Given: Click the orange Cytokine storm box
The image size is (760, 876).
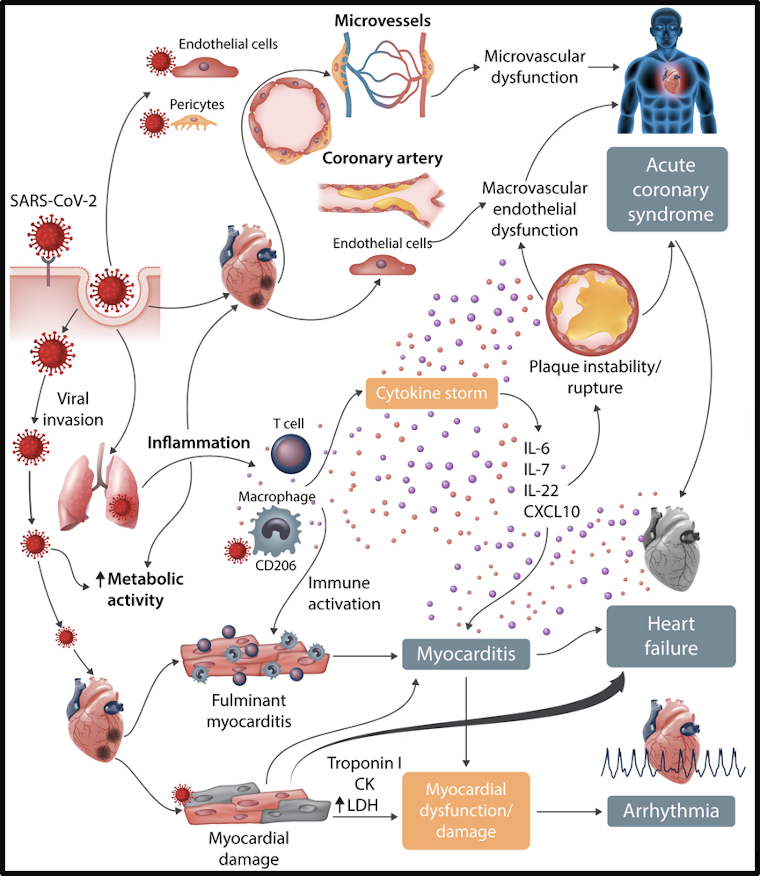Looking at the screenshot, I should (x=431, y=393).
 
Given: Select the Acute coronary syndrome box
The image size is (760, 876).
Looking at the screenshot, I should (x=667, y=190).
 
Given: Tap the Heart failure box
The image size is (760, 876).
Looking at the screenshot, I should (x=671, y=636).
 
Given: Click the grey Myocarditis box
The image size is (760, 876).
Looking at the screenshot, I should (x=466, y=654).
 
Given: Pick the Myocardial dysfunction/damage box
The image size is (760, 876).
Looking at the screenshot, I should (x=466, y=810).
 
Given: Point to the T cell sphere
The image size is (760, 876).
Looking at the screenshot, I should (x=291, y=454).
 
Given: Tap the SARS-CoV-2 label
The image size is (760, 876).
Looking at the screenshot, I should (x=53, y=201).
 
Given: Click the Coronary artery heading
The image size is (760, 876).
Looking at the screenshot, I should (x=382, y=158).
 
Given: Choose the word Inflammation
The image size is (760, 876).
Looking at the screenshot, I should (x=198, y=443).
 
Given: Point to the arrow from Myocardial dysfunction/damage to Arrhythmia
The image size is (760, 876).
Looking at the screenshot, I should (x=568, y=812).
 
